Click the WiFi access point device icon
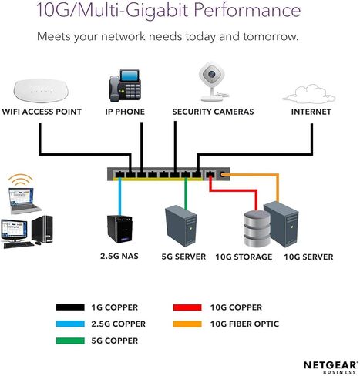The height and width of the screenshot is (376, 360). tap(41, 90)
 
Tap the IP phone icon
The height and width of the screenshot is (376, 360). tap(125, 85)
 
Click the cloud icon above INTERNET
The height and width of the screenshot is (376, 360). tap(309, 95)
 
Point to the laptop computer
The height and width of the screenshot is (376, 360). tap(24, 201)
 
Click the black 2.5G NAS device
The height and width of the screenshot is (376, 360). tap(119, 229)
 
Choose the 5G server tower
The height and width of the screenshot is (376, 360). tap(181, 226)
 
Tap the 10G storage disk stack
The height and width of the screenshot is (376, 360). tap(257, 228)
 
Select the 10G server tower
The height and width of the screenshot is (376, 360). tap(281, 224)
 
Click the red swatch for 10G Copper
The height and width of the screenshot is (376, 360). tap(187, 307)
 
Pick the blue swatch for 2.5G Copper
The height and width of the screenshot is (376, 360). tap(70, 324)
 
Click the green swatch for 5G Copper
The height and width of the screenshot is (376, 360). tap(70, 341)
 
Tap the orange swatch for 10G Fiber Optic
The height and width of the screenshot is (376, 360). tap(187, 324)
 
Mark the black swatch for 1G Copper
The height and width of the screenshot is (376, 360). tap(70, 307)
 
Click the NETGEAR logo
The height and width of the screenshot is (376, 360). tap(331, 367)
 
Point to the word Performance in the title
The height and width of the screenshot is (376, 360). tap(247, 10)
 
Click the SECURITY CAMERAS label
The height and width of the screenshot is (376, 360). tap(213, 112)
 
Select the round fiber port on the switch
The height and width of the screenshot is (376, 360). tap(223, 175)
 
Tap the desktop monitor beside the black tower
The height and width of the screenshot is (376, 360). tap(15, 230)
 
